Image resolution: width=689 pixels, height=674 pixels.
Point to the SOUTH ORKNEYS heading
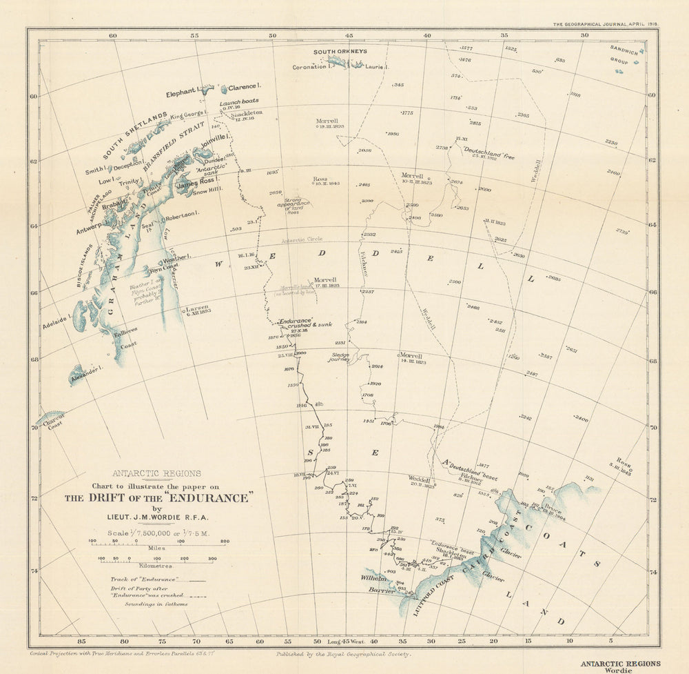pos(340,52)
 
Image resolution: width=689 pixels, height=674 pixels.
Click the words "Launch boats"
pos(239,101)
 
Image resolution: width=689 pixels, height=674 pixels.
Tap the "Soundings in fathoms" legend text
pos(156,604)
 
